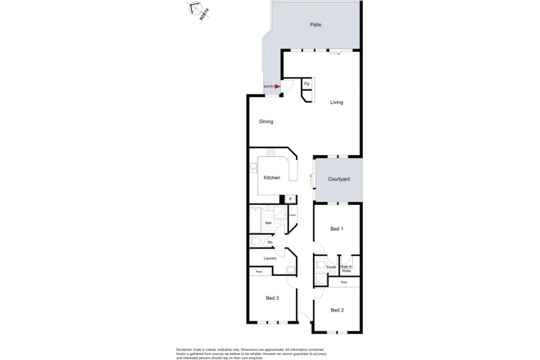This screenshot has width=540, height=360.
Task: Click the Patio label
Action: (x=315, y=25)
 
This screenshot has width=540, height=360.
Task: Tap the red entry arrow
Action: (x=278, y=87)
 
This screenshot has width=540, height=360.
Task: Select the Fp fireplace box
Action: (x=307, y=83)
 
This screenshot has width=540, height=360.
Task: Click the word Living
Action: (x=336, y=102)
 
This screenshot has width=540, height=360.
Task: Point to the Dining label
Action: (x=266, y=122)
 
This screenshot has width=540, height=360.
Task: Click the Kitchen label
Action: (x=272, y=178)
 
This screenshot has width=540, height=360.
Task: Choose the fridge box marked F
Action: (x=291, y=199)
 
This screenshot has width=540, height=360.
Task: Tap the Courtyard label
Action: (x=339, y=179)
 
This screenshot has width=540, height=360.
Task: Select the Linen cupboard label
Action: (x=292, y=216)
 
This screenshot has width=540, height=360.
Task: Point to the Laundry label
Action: (x=270, y=258)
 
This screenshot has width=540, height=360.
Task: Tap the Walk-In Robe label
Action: (x=346, y=268)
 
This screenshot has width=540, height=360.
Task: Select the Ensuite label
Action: (x=331, y=267)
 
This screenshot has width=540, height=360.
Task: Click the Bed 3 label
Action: (x=272, y=298)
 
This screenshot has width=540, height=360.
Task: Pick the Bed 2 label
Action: (x=336, y=310)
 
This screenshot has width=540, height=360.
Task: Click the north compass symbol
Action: (x=197, y=10)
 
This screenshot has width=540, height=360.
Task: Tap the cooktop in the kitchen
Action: (x=271, y=152)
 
